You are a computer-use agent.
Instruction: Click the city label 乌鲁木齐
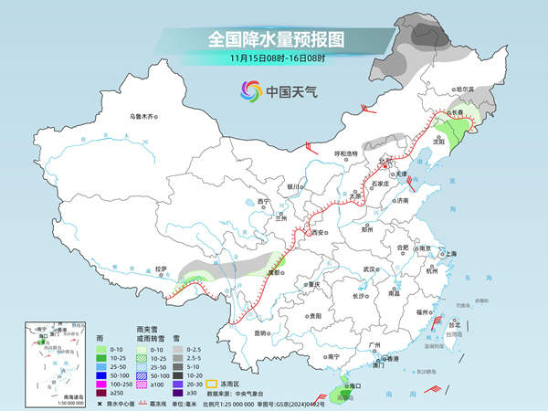(142, 116)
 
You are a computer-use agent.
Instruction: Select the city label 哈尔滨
(466, 90)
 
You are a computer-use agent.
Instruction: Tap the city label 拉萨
(161, 269)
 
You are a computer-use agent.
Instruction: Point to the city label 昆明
(263, 332)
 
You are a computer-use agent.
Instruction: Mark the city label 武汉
(369, 269)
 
